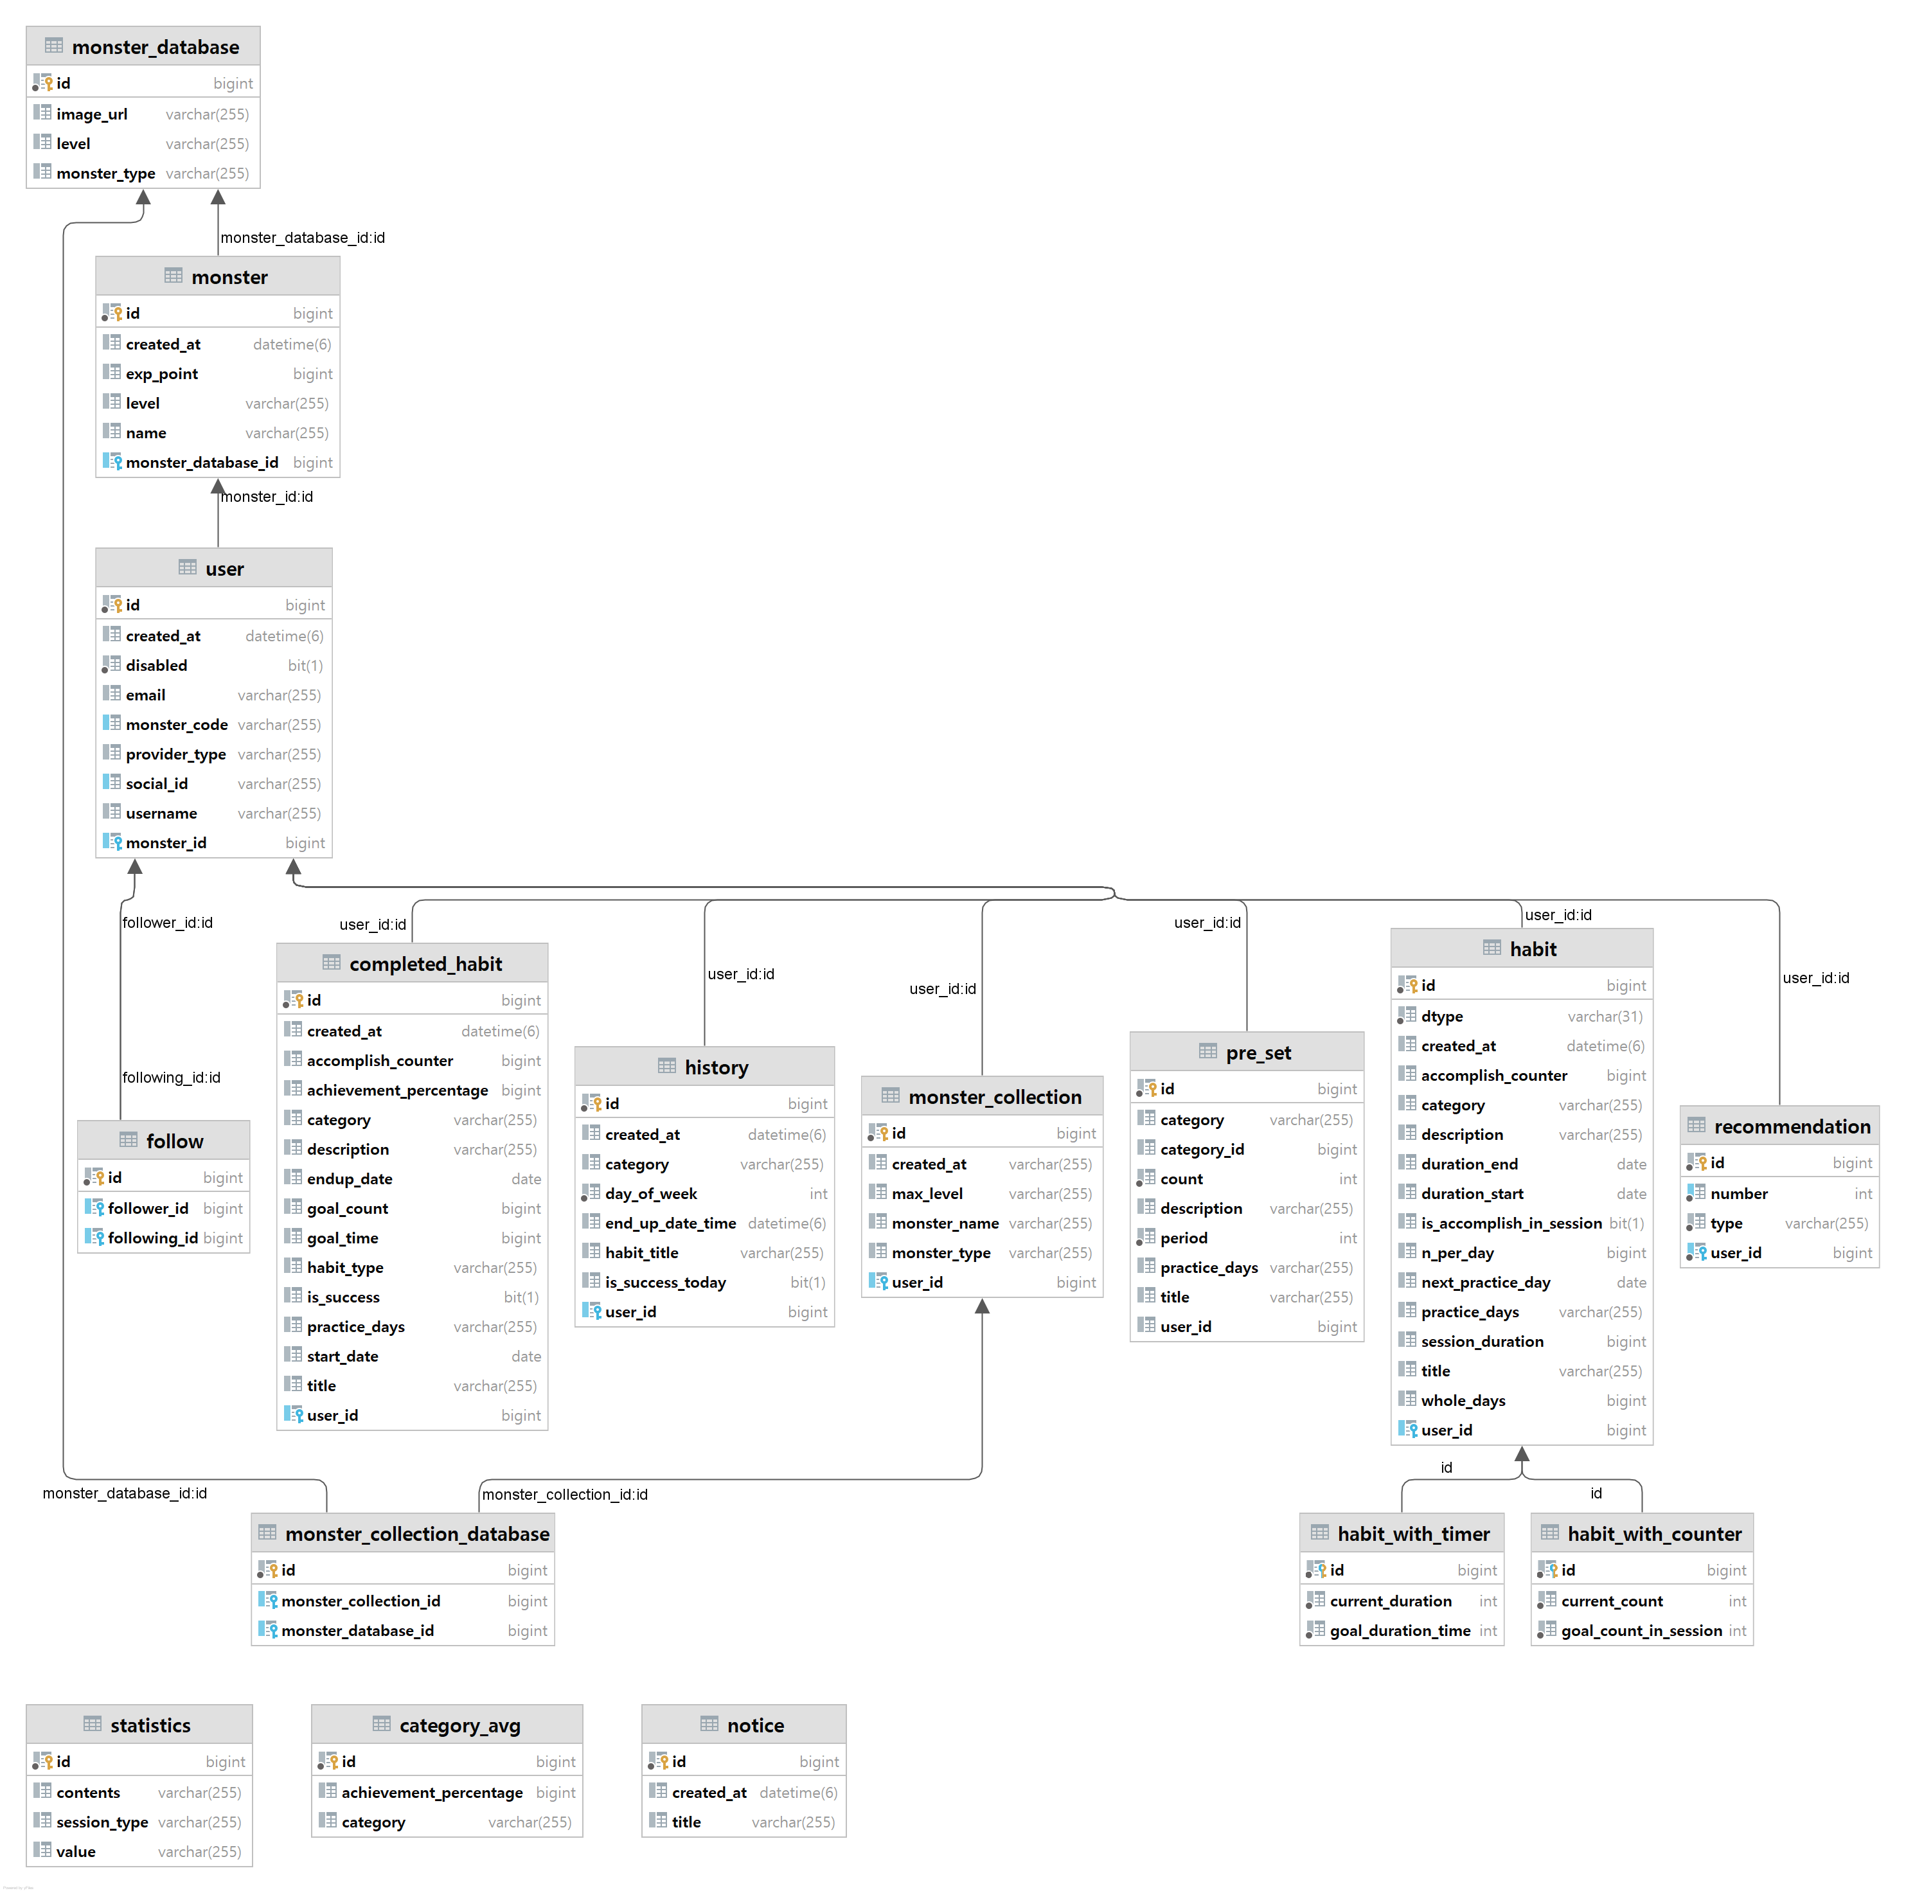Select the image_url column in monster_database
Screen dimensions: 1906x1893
click(x=92, y=114)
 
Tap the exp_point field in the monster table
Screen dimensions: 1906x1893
click(x=162, y=374)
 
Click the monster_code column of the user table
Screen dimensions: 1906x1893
click(x=177, y=725)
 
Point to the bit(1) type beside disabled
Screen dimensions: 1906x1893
click(x=305, y=666)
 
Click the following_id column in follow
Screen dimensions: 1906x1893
click(x=153, y=1238)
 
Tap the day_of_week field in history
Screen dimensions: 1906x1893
click(x=651, y=1194)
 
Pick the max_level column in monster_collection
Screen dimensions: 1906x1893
click(x=927, y=1194)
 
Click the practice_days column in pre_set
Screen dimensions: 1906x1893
click(x=1209, y=1268)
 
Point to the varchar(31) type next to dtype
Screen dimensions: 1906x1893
click(x=1605, y=1016)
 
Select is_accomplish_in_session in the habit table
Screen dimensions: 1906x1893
click(x=1511, y=1223)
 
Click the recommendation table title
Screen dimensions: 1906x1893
click(x=1792, y=1126)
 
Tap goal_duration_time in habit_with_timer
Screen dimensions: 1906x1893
click(x=1400, y=1631)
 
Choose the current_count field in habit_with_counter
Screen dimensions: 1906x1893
click(x=1612, y=1601)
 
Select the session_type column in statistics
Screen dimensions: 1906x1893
click(x=103, y=1822)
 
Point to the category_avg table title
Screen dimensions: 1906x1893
click(x=459, y=1725)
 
